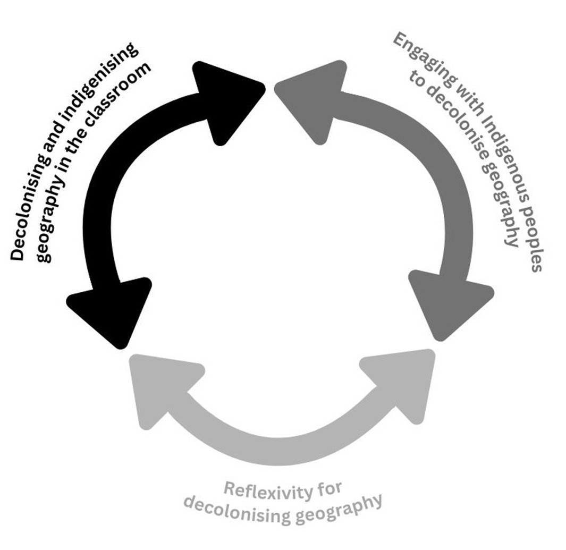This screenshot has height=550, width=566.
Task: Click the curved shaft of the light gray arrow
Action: click(x=282, y=451)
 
